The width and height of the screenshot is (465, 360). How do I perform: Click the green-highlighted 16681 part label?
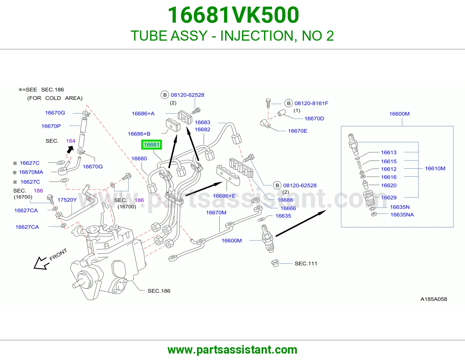[x=151, y=145]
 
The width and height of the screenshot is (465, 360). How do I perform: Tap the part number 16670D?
[x=314, y=118]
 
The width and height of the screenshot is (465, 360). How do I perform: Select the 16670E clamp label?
[x=297, y=131]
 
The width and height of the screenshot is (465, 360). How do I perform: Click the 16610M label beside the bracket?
[x=435, y=168]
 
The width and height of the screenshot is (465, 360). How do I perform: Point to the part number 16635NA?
[x=402, y=215]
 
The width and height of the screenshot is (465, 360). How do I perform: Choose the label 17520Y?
[x=67, y=200]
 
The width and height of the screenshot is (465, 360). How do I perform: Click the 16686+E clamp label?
[x=224, y=196]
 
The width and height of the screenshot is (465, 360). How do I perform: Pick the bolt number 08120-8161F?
[x=311, y=103]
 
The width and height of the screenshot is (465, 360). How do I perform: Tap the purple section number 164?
[x=71, y=141]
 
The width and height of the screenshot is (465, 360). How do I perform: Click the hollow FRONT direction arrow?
[x=41, y=263]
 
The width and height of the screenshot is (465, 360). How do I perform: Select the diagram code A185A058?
[x=434, y=299]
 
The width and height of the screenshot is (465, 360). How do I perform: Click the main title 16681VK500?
[x=233, y=15]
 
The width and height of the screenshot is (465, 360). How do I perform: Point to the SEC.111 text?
[x=306, y=263]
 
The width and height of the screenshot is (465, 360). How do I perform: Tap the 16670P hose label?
[x=51, y=126]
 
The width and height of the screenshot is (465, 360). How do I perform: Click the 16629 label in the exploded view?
[x=389, y=197]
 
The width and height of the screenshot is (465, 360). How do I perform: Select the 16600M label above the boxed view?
[x=399, y=114]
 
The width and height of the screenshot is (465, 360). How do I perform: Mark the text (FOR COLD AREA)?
[x=55, y=98]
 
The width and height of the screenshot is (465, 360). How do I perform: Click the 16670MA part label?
[x=31, y=172]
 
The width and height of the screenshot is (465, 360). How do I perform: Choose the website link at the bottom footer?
[x=233, y=350]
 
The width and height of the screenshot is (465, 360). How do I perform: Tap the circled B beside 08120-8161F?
[x=289, y=103]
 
